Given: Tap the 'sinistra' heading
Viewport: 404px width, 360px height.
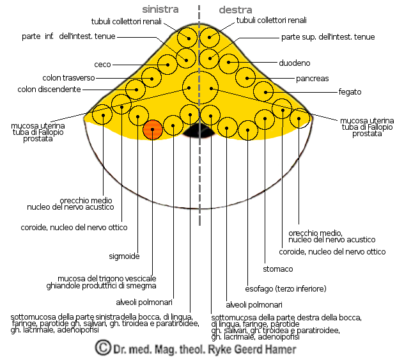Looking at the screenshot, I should tap(160, 10).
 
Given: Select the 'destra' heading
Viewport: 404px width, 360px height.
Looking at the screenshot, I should tap(236, 10).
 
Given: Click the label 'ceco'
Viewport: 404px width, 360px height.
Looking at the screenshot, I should tap(102, 65).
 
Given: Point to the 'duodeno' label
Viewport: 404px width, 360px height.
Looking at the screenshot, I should tap(295, 63).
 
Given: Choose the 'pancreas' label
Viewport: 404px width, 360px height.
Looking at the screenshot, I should tap(312, 79).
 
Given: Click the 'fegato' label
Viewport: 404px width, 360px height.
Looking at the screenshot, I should tap(350, 92).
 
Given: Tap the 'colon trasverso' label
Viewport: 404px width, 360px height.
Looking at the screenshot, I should tap(69, 78).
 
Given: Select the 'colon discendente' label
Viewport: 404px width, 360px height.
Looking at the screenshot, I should tap(50, 90).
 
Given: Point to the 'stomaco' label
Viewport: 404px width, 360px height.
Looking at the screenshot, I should tap(277, 269).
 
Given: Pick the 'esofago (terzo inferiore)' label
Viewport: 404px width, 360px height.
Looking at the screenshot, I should tap(286, 288).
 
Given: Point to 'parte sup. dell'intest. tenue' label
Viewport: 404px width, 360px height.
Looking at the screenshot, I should tap(328, 37).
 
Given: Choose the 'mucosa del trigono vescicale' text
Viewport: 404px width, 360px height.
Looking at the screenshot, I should tap(107, 278).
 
